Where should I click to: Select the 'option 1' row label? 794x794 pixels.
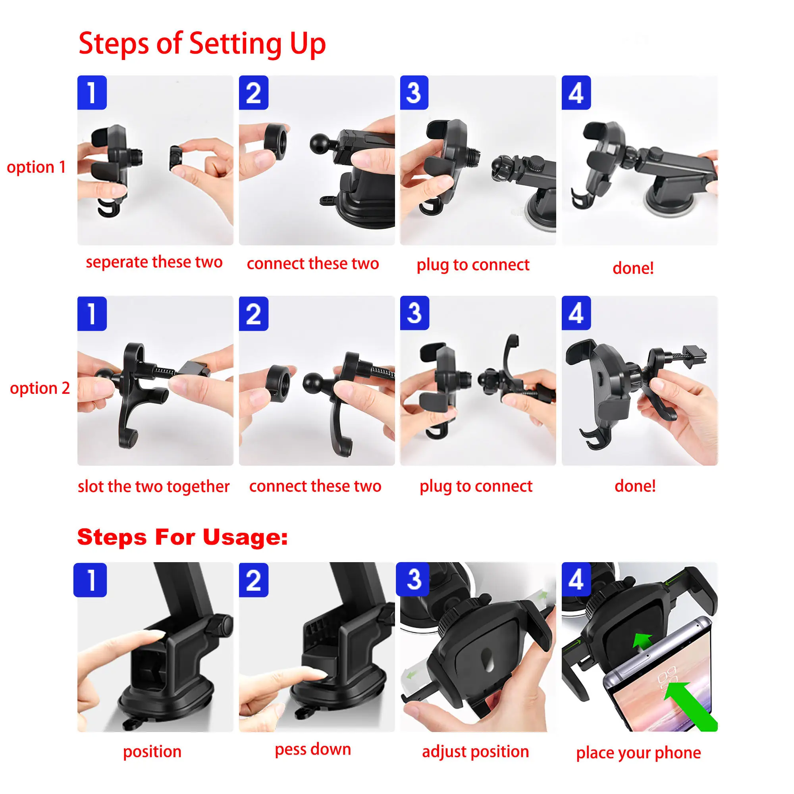(x=36, y=167)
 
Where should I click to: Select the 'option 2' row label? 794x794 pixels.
(x=40, y=388)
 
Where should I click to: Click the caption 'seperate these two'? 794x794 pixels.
(x=154, y=262)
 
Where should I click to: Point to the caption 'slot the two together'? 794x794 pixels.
(x=154, y=487)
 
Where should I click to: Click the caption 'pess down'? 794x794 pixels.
(x=313, y=750)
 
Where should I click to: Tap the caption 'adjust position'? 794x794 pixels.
(x=476, y=752)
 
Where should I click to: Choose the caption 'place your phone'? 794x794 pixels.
(x=638, y=753)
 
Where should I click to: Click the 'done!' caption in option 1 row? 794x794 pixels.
(x=633, y=268)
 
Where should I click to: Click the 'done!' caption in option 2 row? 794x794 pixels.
(x=635, y=486)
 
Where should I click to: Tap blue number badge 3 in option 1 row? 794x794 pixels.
(x=414, y=93)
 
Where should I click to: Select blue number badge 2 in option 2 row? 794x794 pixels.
(x=254, y=314)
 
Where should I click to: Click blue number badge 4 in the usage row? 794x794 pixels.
(x=576, y=580)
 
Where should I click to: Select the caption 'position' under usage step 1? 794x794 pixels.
(x=152, y=752)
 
